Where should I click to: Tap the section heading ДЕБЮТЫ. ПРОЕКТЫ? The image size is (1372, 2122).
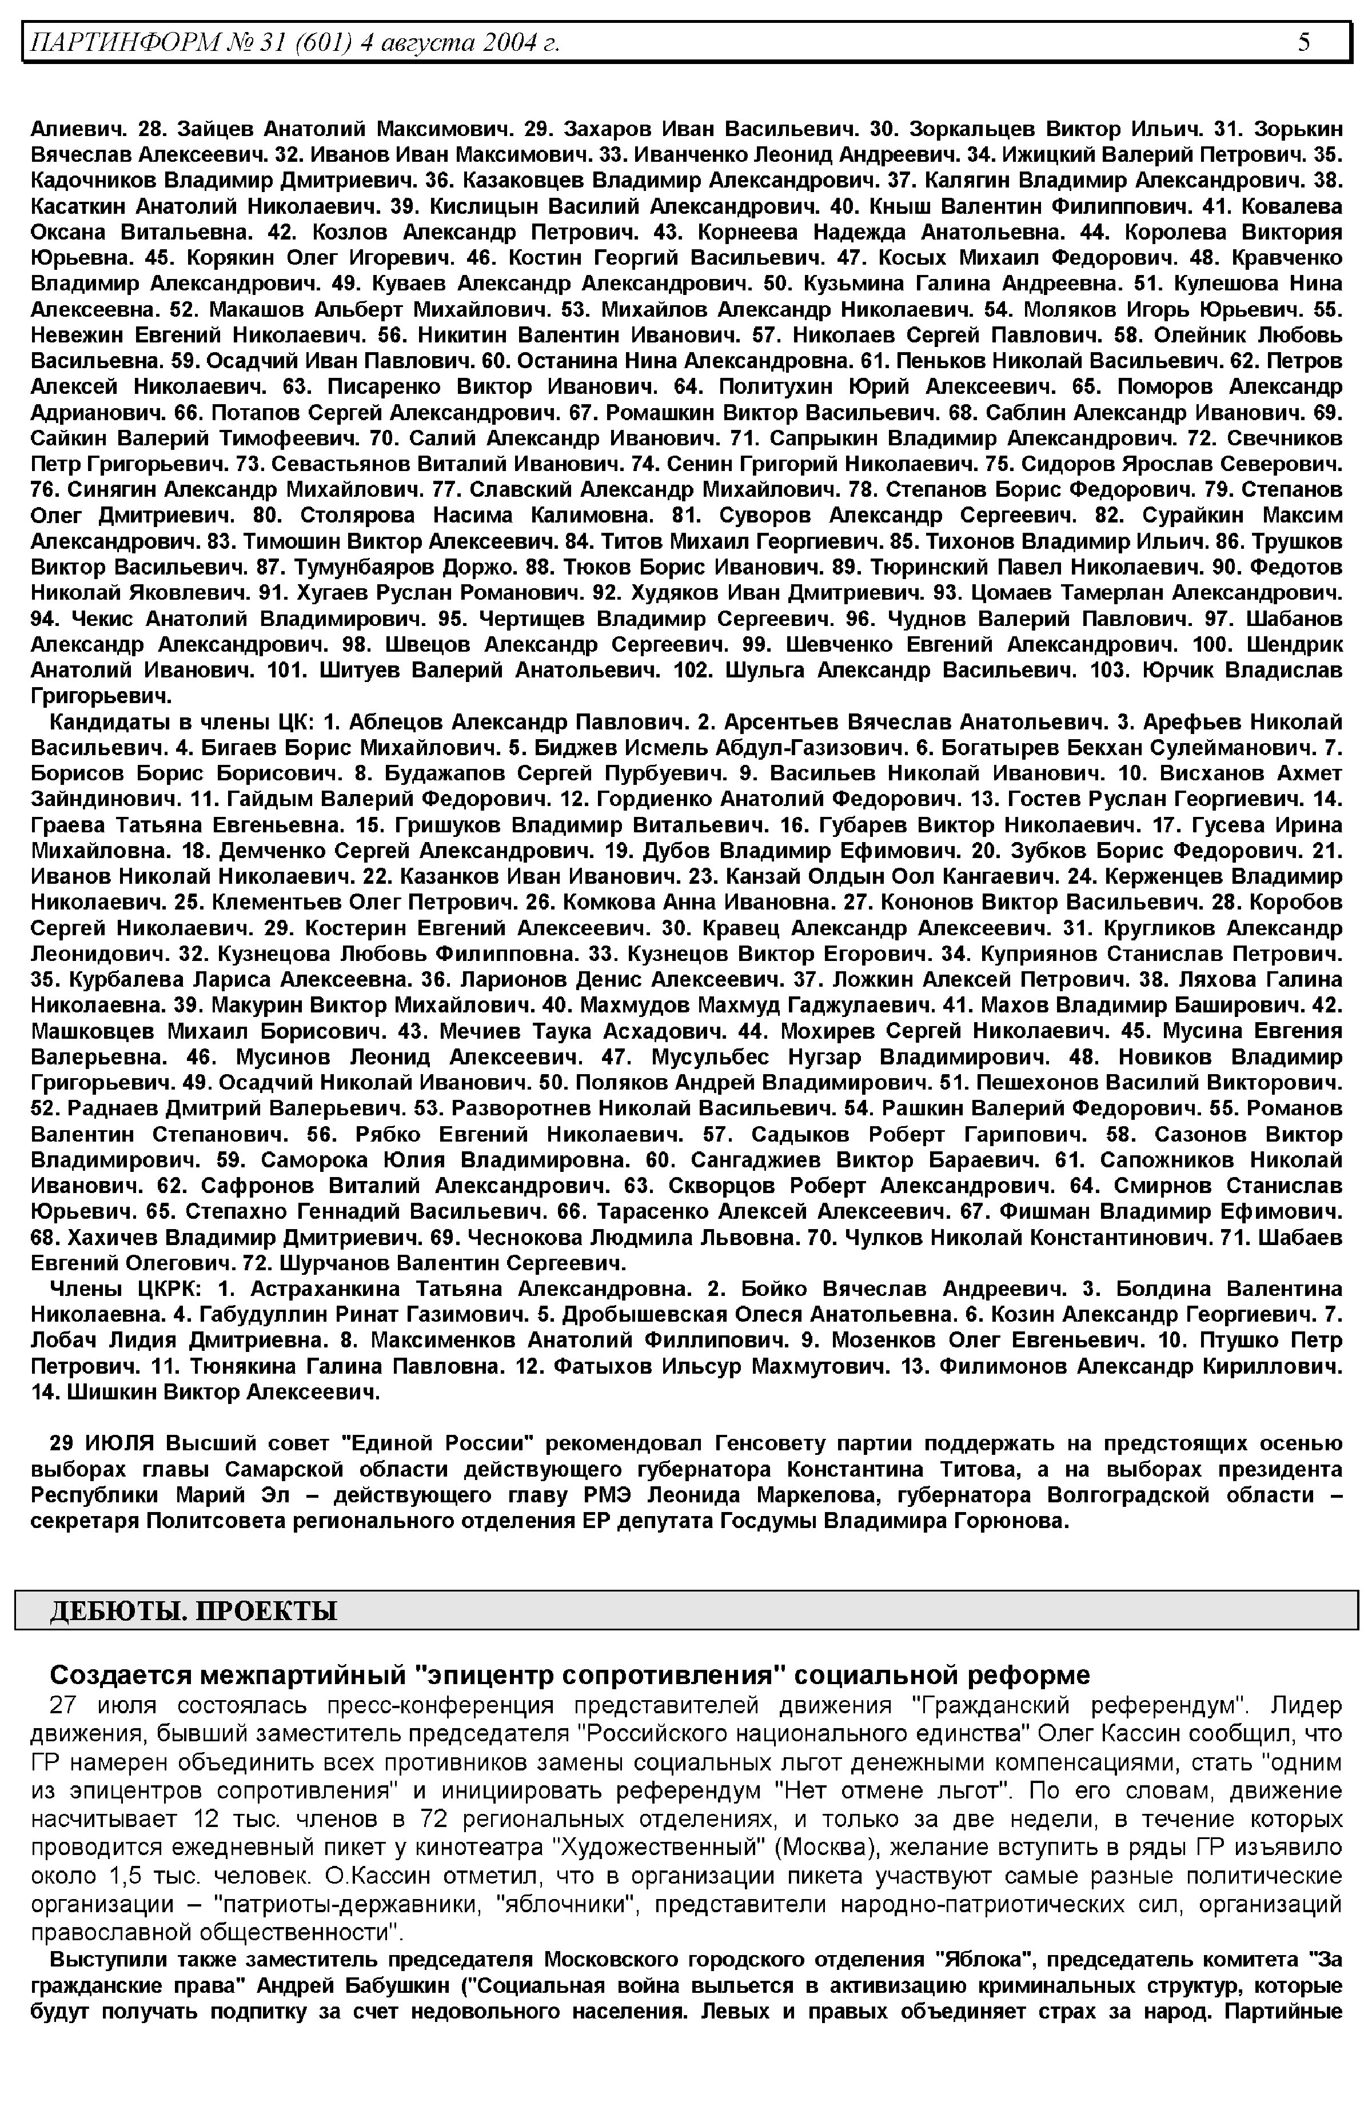point(193,1611)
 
